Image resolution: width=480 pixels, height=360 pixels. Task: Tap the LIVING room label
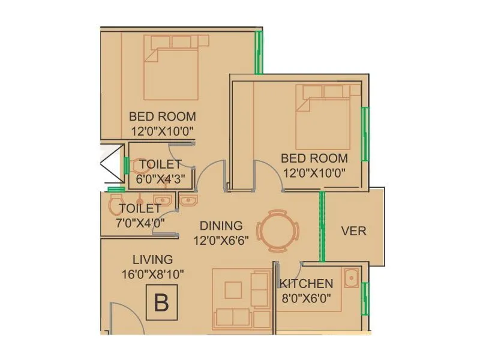click(x=152, y=260)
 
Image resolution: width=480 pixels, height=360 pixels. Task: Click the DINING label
click(x=221, y=226)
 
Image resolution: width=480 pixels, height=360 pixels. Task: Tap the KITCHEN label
click(x=306, y=284)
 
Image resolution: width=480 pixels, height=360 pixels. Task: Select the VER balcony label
click(x=354, y=231)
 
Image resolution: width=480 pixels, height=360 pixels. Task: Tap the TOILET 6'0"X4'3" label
click(x=160, y=170)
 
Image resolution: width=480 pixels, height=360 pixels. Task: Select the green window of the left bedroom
click(x=259, y=52)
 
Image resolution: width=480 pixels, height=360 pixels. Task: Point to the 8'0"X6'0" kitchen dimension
click(x=306, y=298)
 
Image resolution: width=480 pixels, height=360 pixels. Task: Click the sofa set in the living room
click(x=242, y=298)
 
